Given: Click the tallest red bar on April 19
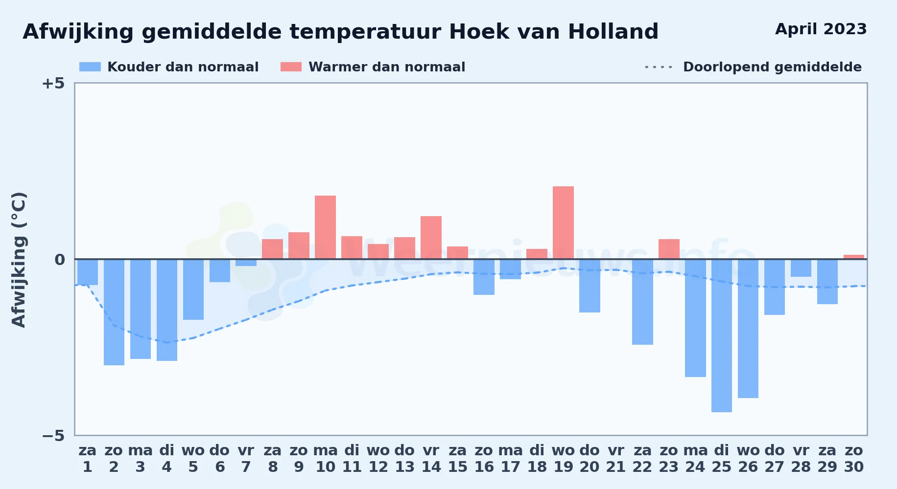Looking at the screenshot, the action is (563, 222).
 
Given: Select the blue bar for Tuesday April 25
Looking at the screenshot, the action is (722, 335).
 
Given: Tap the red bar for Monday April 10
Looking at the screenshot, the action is (325, 227).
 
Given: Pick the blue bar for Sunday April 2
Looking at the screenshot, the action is (114, 312).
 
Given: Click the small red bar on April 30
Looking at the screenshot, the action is (854, 257).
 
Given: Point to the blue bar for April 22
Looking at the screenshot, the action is (642, 302).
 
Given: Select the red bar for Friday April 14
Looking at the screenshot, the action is (431, 238).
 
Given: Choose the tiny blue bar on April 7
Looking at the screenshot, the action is (246, 263).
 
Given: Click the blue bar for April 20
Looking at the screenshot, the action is (590, 286).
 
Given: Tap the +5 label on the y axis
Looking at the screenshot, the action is (53, 84).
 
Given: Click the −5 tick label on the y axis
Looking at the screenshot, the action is (53, 436).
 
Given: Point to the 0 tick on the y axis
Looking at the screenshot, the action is (60, 260).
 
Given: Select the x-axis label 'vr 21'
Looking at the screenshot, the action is (616, 459).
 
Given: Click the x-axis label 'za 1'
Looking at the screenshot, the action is (88, 459).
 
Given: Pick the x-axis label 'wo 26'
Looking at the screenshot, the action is (748, 459).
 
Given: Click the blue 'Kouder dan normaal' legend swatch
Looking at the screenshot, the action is (90, 67).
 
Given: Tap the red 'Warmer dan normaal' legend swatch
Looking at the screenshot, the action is (291, 67).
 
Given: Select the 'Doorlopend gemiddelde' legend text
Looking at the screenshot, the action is (772, 67).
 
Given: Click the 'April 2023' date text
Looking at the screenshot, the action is (821, 29).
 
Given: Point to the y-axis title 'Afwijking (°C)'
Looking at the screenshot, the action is (19, 260).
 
